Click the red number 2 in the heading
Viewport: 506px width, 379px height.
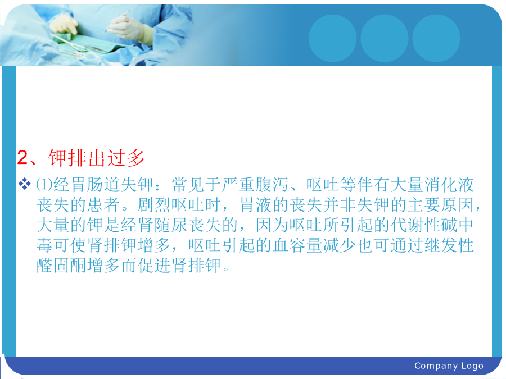click(22, 157)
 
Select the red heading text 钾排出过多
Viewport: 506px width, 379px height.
click(97, 158)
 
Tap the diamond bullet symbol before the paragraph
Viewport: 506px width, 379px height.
click(24, 184)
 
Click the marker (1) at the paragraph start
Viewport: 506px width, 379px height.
click(44, 184)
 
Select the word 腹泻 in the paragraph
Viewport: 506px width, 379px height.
click(272, 185)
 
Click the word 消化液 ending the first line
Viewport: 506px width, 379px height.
click(449, 185)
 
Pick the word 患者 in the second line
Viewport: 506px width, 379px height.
click(103, 205)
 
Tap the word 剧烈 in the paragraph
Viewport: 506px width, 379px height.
click(154, 205)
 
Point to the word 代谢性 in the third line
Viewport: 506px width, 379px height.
click(415, 225)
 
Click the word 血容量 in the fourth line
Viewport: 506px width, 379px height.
click(297, 245)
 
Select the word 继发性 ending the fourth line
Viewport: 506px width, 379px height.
click(449, 245)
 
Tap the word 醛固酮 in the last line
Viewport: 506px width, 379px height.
click(62, 266)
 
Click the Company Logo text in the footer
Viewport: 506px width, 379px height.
click(449, 366)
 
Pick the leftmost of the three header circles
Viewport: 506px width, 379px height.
click(333, 38)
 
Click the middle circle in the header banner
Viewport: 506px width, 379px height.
click(385, 38)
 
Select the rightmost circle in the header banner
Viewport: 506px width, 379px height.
click(436, 38)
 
